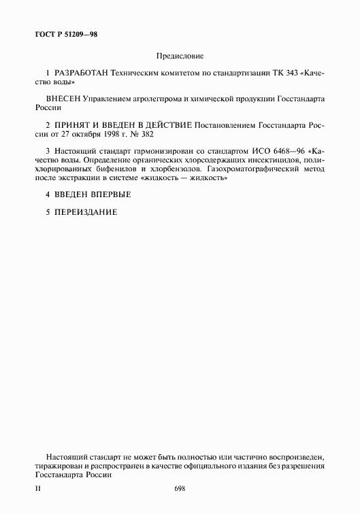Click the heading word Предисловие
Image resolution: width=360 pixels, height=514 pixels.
pos(180,56)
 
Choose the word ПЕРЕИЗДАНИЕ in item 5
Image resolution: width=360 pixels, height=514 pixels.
pos(85,212)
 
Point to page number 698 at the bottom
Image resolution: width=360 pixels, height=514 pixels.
pos(180,489)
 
